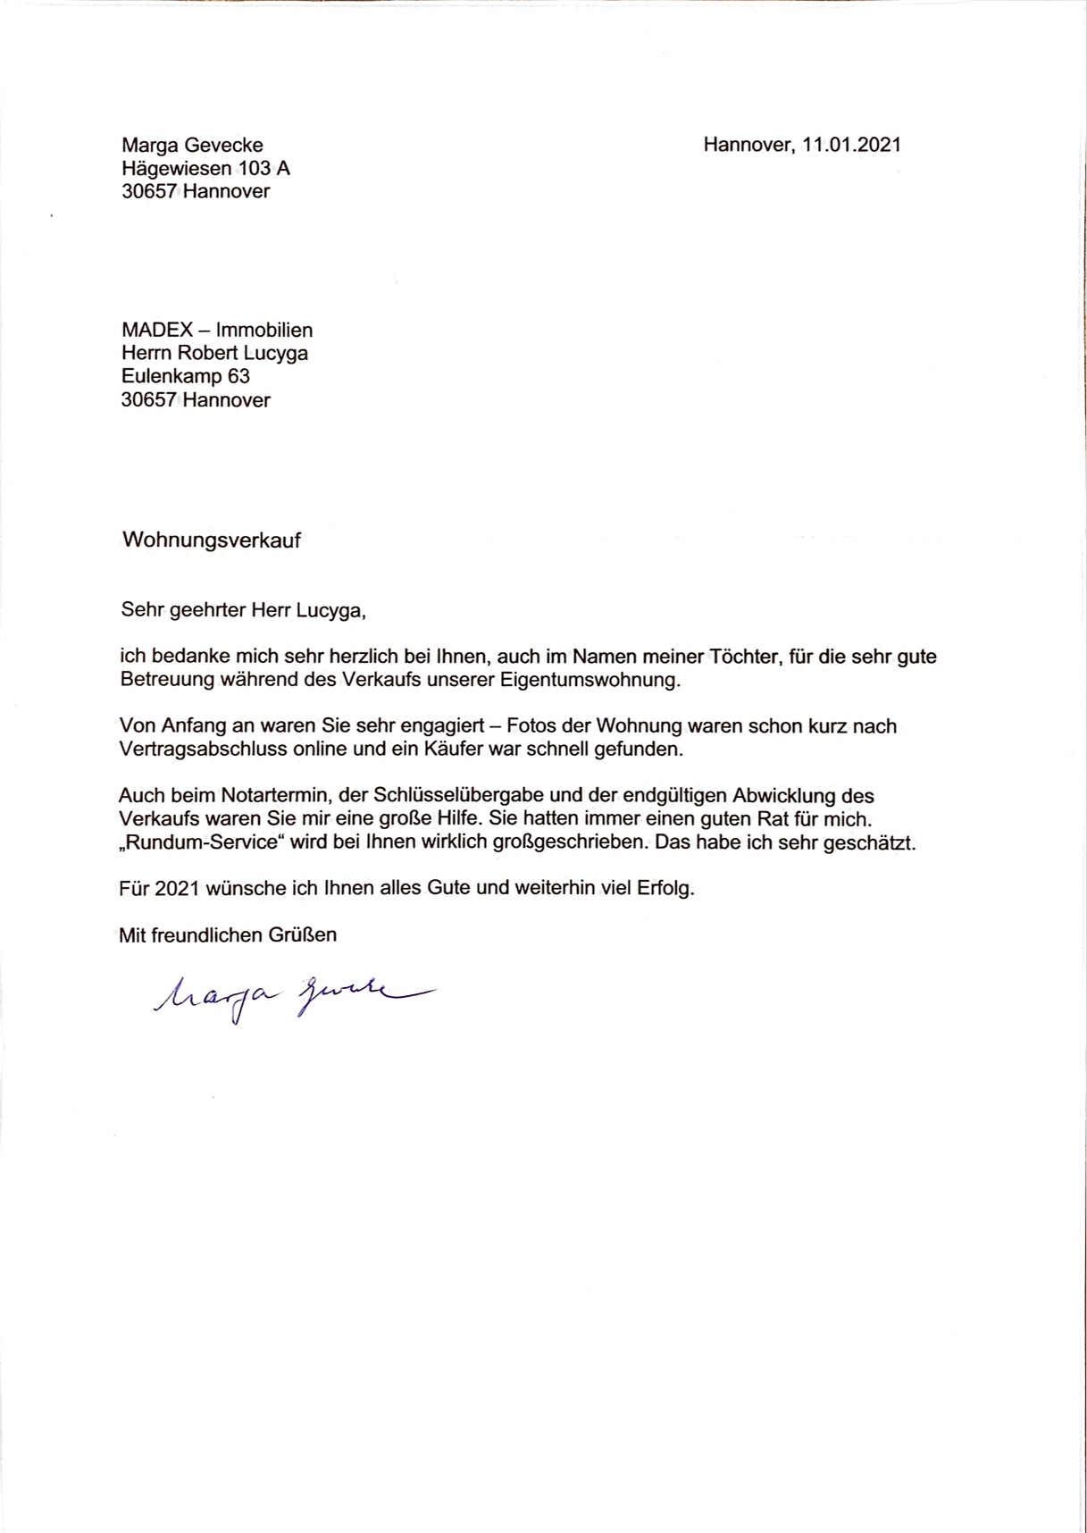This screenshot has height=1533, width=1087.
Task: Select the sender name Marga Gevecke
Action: coord(192,145)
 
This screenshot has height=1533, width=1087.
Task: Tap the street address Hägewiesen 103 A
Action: coord(205,168)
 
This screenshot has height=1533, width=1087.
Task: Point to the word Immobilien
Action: coord(264,330)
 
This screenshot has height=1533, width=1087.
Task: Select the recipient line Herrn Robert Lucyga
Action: coord(214,353)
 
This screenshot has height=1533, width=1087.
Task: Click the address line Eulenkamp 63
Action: coord(185,376)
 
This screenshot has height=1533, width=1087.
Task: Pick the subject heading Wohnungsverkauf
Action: coord(211,540)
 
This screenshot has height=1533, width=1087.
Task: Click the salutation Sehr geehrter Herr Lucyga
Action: coord(243,611)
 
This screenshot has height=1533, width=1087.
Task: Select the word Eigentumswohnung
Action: coord(589,680)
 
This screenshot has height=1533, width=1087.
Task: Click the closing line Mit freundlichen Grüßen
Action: coord(228,935)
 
